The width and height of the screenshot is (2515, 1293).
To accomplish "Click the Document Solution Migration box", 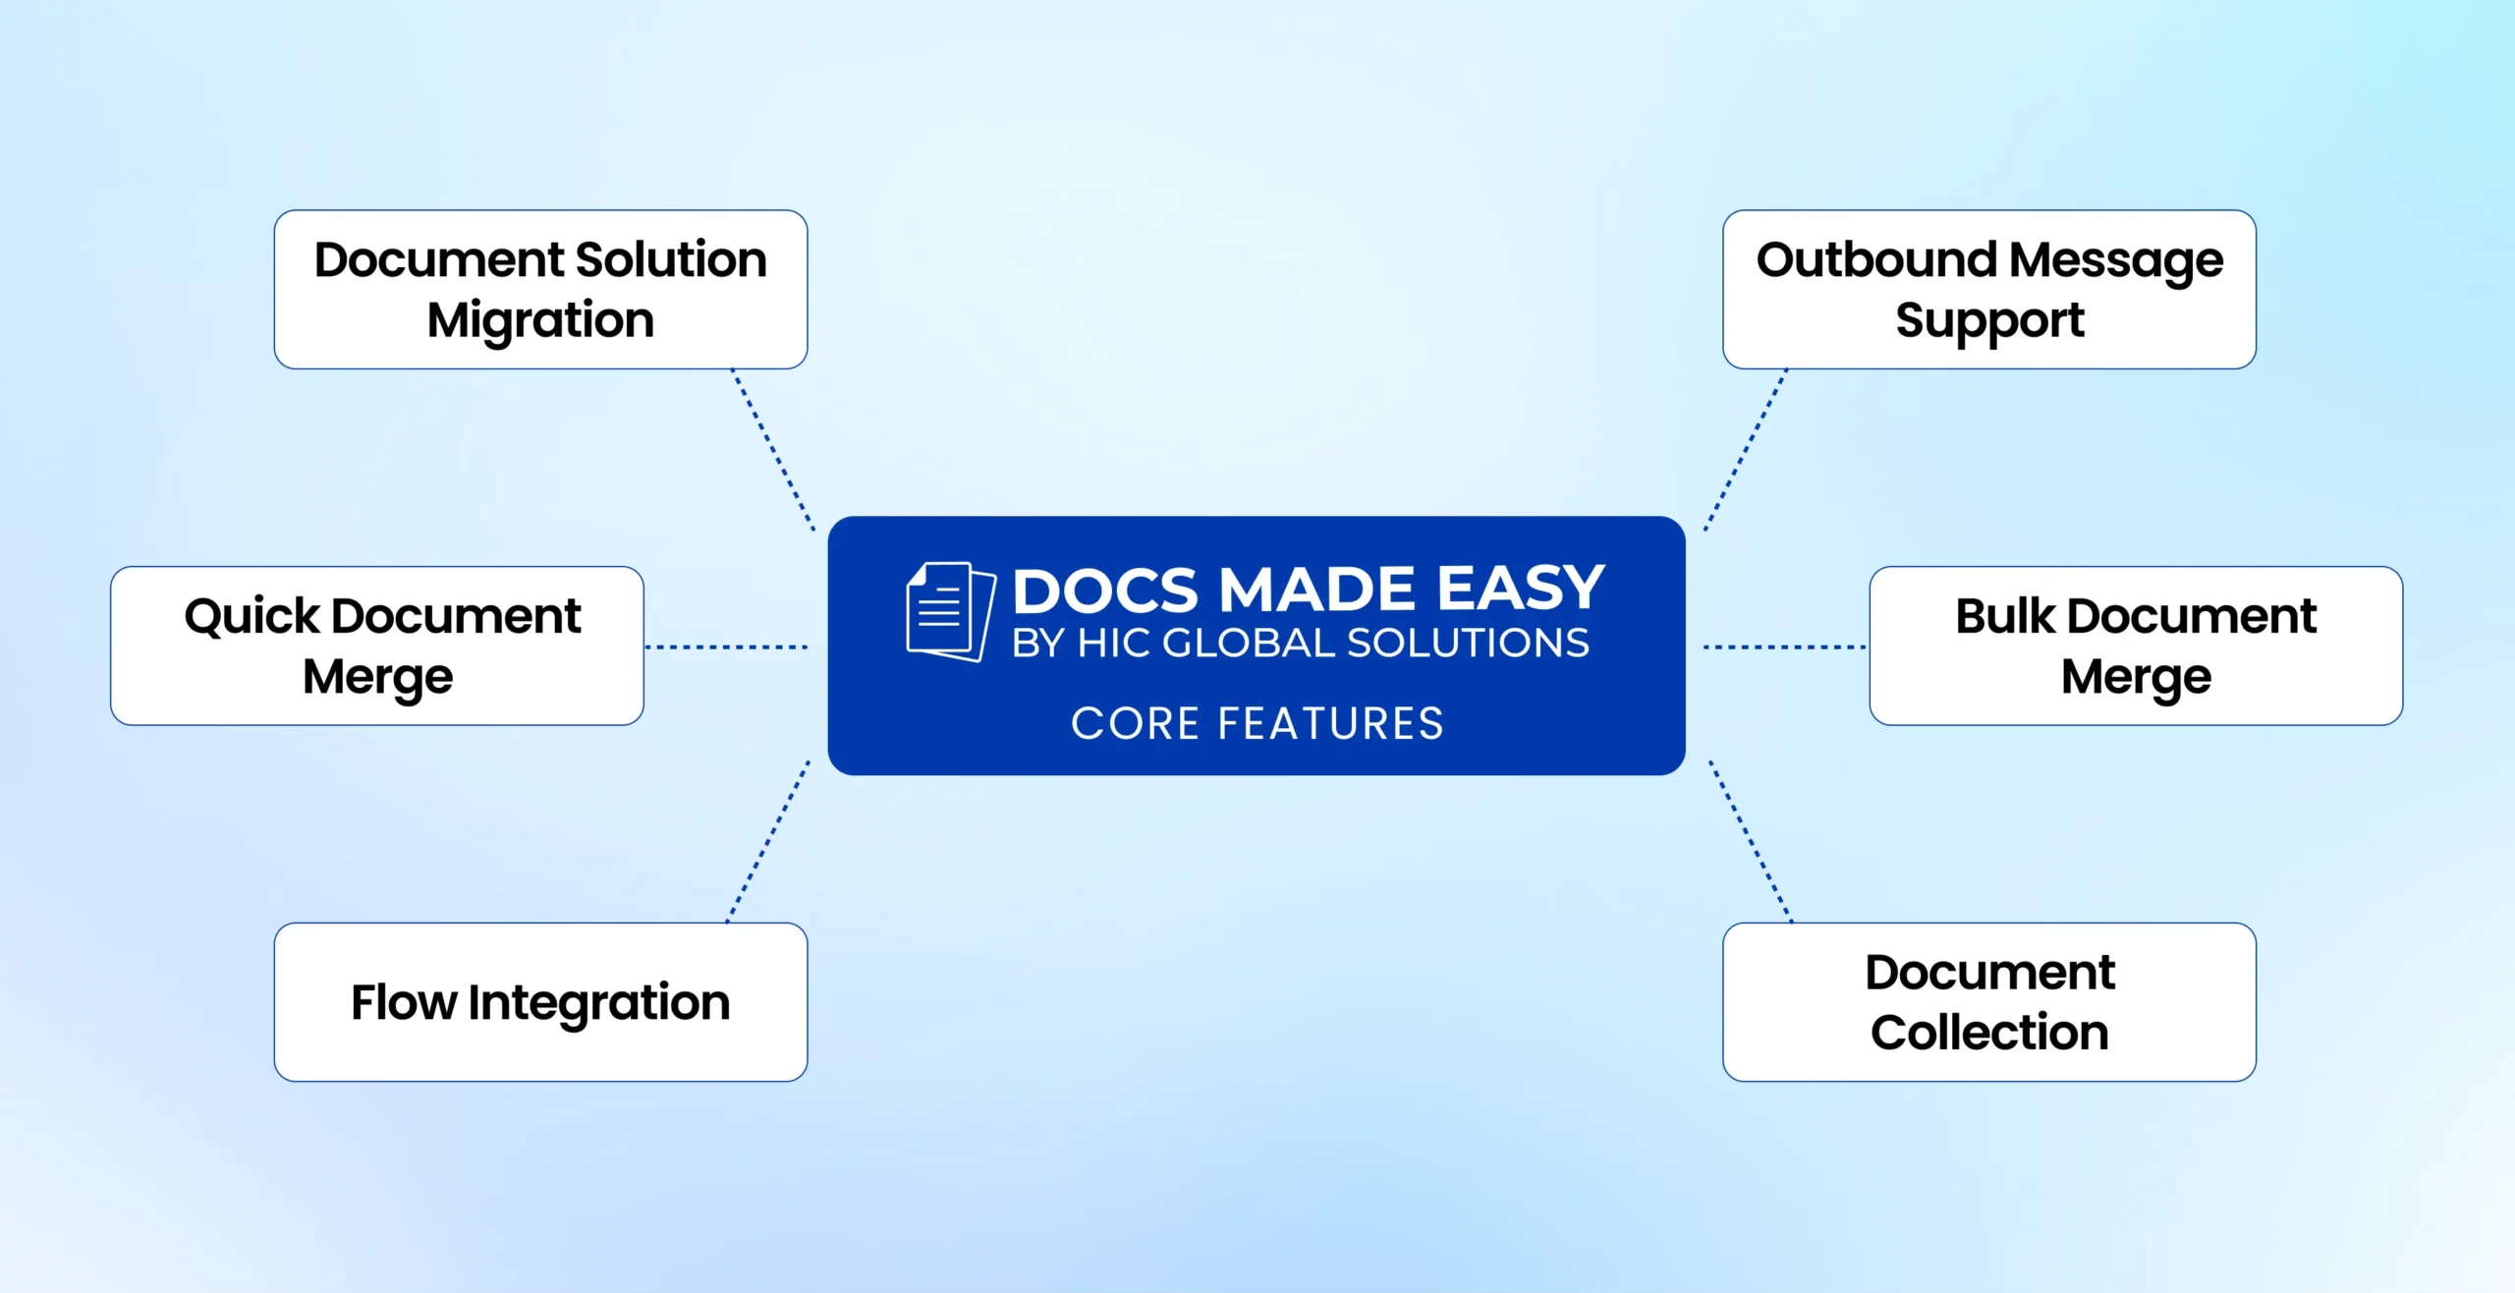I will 540,289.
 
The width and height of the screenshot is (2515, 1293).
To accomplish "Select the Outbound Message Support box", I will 1988,289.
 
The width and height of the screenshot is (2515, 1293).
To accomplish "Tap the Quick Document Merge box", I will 377,646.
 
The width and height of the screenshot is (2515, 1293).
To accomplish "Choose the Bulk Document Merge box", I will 2136,646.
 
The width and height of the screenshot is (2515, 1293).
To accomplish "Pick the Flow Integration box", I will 540,1001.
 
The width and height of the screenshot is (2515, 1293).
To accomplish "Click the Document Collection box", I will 1988,1001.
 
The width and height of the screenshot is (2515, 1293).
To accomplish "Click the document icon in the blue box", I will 949,611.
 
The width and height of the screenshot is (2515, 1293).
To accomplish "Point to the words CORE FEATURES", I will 1257,723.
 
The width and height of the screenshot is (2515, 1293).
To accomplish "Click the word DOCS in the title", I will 1106,590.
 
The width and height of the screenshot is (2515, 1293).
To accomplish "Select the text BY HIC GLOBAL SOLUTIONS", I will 1300,644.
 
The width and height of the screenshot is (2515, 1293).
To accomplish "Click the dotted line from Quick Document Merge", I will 727,646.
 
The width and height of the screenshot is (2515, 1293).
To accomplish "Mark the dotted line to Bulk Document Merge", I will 1784,646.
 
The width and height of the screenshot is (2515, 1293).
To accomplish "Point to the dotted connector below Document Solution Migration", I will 773,450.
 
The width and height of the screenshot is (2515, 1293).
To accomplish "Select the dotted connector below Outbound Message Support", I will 1746,450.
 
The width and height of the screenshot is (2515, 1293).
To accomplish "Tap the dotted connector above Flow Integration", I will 768,841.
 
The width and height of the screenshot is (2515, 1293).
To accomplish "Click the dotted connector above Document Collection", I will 1751,841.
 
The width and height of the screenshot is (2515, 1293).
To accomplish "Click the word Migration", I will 540,320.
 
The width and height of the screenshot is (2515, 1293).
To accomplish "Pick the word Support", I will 1989,320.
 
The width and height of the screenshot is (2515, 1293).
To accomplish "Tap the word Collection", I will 1989,1033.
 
